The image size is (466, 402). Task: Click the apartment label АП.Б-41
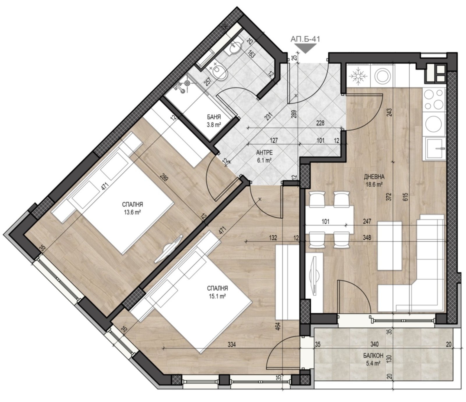[x=305, y=39]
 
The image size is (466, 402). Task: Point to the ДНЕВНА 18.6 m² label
[x=374, y=180]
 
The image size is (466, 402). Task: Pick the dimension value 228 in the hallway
[x=320, y=123]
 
